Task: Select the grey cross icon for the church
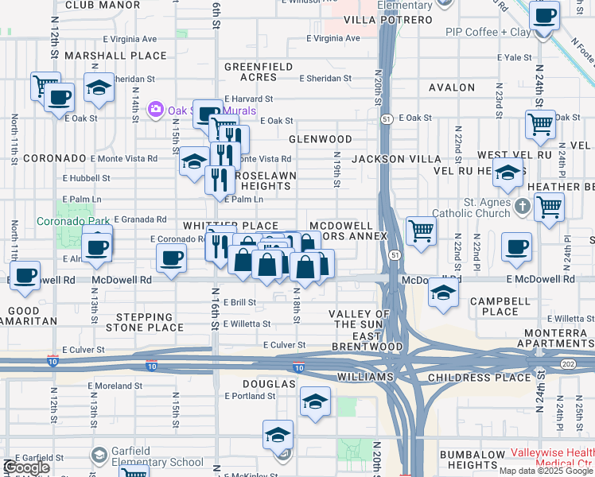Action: (522, 207)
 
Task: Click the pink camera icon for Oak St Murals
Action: (155, 108)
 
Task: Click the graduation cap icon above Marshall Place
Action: (99, 87)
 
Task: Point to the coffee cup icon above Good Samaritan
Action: (25, 275)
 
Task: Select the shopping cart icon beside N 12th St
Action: (45, 84)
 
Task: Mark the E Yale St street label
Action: (518, 57)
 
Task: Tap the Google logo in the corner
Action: (25, 468)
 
